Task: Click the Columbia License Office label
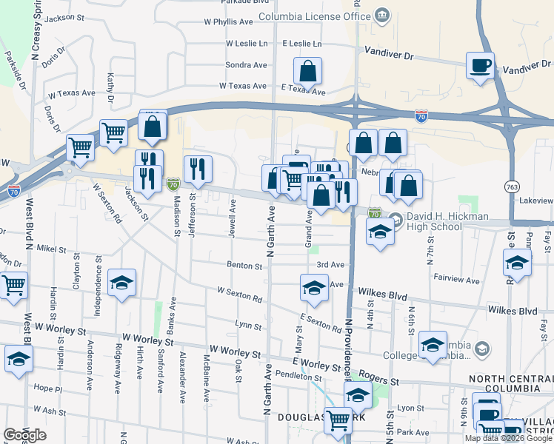pos(314,16)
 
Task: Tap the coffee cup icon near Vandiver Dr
pos(480,65)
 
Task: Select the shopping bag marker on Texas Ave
pos(307,72)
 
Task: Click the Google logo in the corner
pos(24,435)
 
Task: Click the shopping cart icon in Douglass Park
pos(338,420)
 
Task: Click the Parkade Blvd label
pos(227,2)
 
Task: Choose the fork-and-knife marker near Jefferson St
pos(198,169)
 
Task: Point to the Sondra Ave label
pos(246,65)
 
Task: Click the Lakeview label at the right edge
pos(537,201)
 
